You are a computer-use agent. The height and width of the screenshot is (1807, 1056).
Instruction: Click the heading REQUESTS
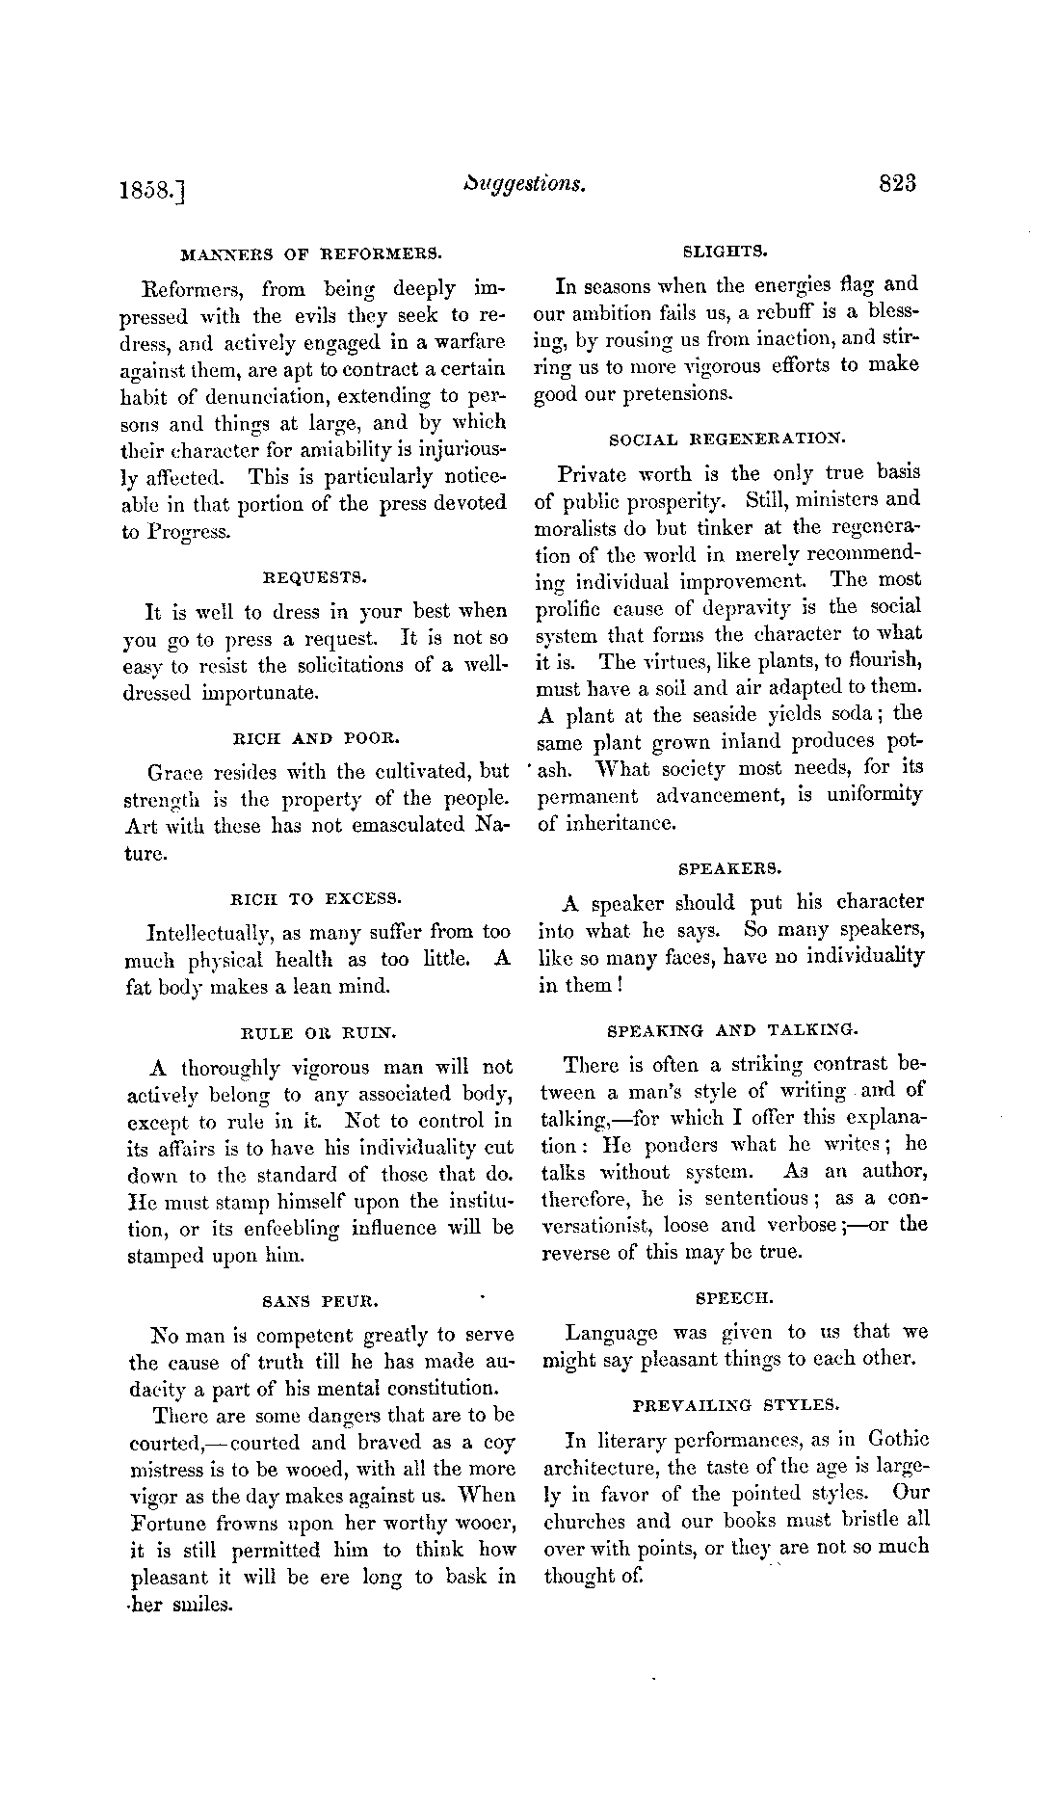pyautogui.click(x=314, y=578)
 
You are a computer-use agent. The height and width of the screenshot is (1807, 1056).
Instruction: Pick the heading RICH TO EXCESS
pyautogui.click(x=314, y=899)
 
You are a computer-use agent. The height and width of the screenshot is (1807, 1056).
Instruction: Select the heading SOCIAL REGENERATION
pyautogui.click(x=727, y=439)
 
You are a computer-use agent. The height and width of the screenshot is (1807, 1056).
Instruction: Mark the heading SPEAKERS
pyautogui.click(x=729, y=868)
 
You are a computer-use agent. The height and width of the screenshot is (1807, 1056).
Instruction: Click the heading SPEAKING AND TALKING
pyautogui.click(x=730, y=1030)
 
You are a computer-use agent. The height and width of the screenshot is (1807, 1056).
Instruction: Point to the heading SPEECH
pyautogui.click(x=733, y=1298)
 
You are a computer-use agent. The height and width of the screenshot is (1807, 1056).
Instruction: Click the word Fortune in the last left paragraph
pyautogui.click(x=168, y=1524)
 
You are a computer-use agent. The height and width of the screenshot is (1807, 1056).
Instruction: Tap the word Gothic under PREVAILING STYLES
pyautogui.click(x=898, y=1440)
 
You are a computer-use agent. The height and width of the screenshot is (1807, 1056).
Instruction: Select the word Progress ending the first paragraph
pyautogui.click(x=190, y=532)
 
